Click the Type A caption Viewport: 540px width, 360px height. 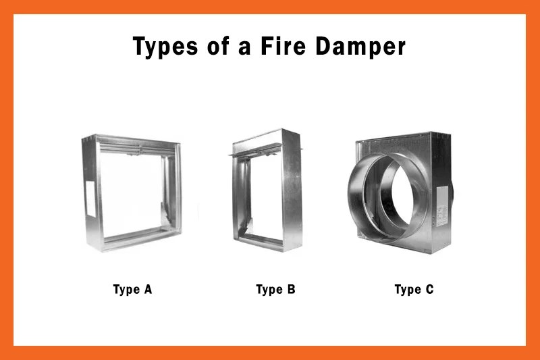click(x=132, y=290)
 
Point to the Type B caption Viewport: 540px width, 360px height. click(x=275, y=290)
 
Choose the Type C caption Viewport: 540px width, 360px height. click(x=414, y=290)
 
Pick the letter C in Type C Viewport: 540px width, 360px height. click(x=429, y=290)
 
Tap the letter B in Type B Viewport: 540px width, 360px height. click(x=290, y=290)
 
